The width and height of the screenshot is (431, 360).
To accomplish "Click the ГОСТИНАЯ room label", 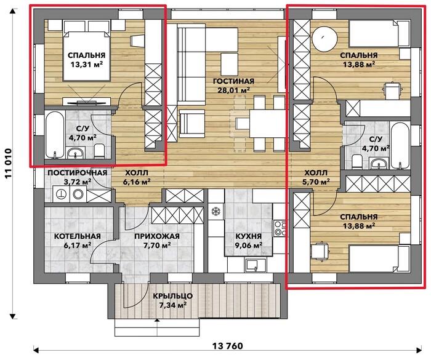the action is coord(233,81).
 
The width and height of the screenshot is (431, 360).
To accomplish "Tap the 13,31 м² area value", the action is coord(87,65).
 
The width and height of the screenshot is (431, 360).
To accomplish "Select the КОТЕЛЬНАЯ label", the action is coord(77,236).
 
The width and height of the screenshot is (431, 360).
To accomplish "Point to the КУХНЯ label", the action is coord(249,236).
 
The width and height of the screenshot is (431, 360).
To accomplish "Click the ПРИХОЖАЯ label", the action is coord(157,236).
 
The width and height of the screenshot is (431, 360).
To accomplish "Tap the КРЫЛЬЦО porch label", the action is coord(172,296).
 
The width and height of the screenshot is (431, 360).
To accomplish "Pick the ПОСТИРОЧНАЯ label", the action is coord(77,173).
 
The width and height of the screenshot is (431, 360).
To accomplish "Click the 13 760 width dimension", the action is coord(228,346).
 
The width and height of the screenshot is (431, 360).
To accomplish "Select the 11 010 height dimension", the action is coord(9,164).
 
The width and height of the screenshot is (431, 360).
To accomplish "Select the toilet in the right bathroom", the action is coord(356,162).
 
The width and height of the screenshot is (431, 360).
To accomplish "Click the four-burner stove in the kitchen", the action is coord(280,228).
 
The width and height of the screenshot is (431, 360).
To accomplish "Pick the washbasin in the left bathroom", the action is coord(75,153).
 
